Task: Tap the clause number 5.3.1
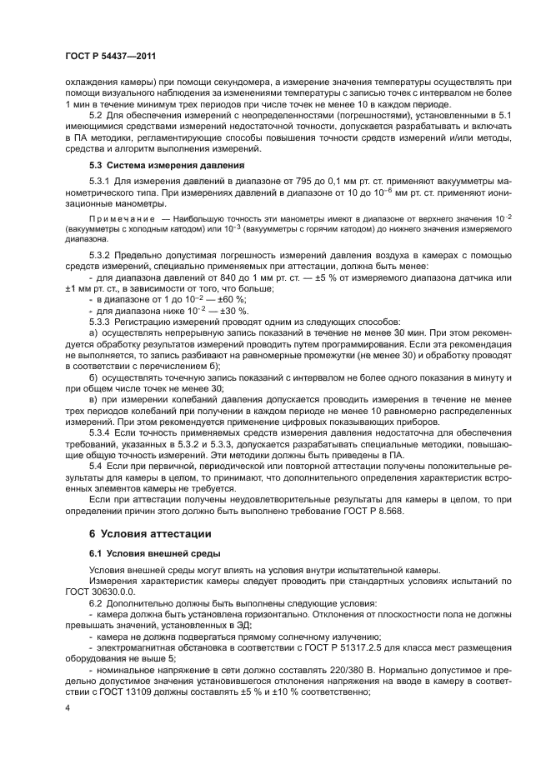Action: [99, 182]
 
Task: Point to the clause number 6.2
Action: [95, 602]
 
